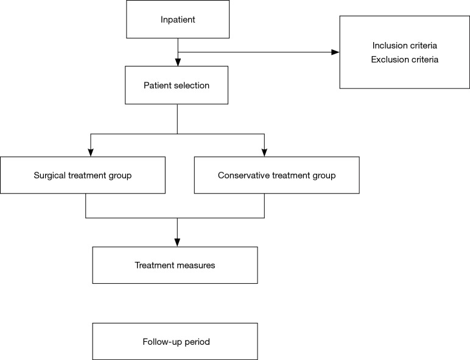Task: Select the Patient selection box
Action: click(177, 85)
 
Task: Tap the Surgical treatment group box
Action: click(83, 175)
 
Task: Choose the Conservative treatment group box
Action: click(276, 175)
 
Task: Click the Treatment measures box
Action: click(175, 265)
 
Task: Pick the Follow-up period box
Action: click(175, 341)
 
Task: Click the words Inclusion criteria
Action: click(405, 46)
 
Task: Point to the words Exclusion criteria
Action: click(405, 60)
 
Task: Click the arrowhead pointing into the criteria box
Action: click(335, 52)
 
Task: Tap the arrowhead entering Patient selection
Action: click(177, 62)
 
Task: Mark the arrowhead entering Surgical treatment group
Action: click(90, 152)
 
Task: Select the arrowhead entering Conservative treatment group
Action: click(264, 152)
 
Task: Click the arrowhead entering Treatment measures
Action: click(177, 242)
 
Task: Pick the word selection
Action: click(191, 85)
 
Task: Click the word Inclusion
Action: click(390, 46)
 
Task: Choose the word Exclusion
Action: click(390, 60)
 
